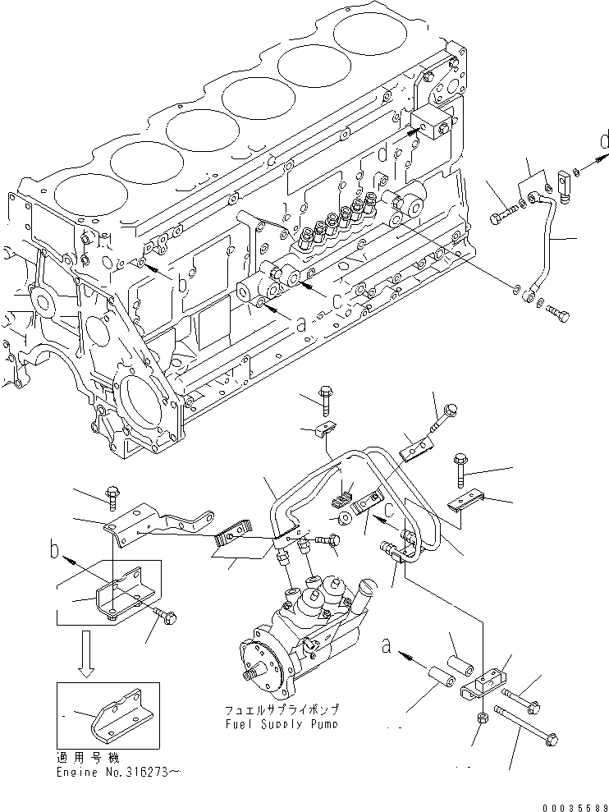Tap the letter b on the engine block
pyautogui.click(x=181, y=284)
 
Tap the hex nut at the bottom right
pyautogui.click(x=483, y=720)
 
